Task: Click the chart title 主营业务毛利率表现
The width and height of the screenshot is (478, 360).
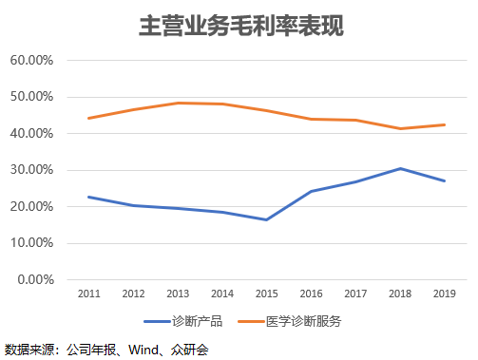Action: (241, 26)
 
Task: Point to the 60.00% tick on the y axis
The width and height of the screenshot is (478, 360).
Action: (31, 60)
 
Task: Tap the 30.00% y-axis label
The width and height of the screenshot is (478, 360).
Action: (31, 170)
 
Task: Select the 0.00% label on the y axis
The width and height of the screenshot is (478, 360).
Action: (35, 280)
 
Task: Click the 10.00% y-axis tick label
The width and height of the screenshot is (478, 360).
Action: (31, 243)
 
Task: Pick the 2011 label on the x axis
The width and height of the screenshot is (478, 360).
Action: (89, 294)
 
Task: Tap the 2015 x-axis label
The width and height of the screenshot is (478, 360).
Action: (267, 294)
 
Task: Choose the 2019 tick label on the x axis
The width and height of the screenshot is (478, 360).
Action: (445, 294)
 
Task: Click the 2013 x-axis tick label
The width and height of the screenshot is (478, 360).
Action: (178, 294)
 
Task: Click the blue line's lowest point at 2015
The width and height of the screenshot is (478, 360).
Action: (267, 219)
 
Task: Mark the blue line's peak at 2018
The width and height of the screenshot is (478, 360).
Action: (400, 169)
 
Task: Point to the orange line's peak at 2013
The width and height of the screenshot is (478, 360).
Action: (178, 103)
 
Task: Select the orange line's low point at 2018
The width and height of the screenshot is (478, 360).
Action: (400, 128)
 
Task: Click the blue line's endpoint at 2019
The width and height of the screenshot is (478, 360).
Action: (444, 180)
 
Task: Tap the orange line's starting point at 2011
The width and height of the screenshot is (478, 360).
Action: (89, 119)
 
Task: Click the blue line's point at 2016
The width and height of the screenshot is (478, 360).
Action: (311, 191)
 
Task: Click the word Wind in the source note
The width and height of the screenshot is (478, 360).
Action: (143, 350)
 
